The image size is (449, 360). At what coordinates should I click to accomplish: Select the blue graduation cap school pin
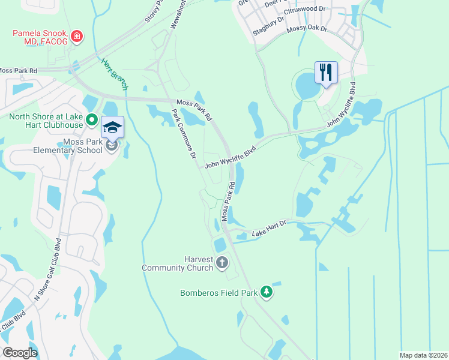pyautogui.click(x=112, y=127)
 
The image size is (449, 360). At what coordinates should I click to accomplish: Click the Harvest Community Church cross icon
pyautogui.click(x=222, y=262)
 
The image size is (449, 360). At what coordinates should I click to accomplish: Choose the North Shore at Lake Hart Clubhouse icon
pyautogui.click(x=91, y=119)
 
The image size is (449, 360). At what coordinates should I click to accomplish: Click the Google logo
pyautogui.click(x=20, y=353)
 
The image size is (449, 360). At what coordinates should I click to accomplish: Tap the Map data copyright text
pyautogui.click(x=423, y=355)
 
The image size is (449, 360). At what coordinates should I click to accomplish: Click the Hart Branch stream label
pyautogui.click(x=115, y=74)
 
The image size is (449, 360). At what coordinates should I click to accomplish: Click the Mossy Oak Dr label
pyautogui.click(x=307, y=28)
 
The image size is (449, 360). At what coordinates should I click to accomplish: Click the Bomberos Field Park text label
pyautogui.click(x=218, y=293)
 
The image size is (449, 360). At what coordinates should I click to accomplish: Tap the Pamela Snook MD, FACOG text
pyautogui.click(x=37, y=37)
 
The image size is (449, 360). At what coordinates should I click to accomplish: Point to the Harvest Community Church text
pyautogui.click(x=177, y=263)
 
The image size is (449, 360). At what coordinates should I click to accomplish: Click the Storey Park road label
pyautogui.click(x=154, y=12)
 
